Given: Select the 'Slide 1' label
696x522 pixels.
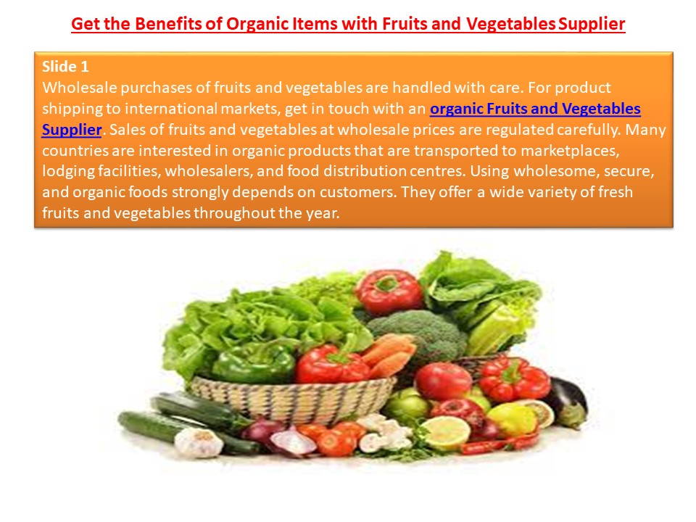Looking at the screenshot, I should click(65, 67).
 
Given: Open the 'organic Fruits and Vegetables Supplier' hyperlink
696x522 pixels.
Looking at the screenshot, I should click(535, 109).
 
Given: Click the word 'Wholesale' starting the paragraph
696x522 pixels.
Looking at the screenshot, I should click(78, 88).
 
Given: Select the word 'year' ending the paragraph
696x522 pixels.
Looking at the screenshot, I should click(325, 214).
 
